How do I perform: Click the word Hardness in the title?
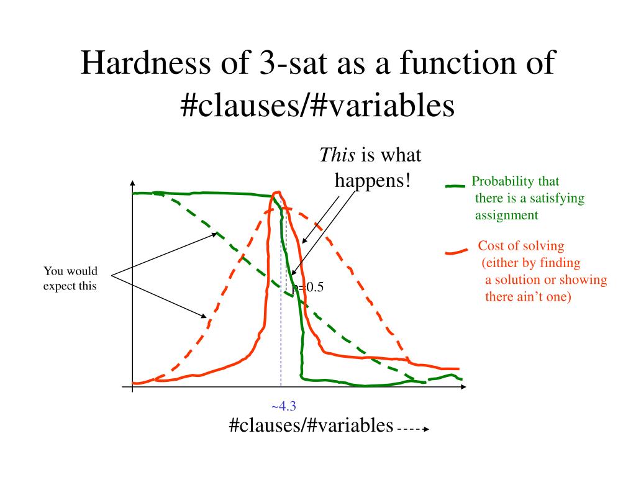pos(145,63)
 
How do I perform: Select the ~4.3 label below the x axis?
pos(283,406)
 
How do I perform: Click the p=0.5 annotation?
pos(308,287)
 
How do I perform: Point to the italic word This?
pos(337,155)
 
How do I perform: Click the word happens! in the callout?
pos(373,180)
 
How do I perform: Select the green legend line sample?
pos(455,186)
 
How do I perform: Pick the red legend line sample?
pos(457,252)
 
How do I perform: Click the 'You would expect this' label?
pos(70,278)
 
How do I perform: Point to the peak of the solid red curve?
pos(278,193)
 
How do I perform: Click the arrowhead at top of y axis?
pos(133,183)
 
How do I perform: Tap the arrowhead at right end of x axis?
pos(463,387)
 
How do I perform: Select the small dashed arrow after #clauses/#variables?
pos(413,429)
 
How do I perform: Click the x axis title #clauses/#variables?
pos(311,425)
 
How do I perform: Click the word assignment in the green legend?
pos(507,216)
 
